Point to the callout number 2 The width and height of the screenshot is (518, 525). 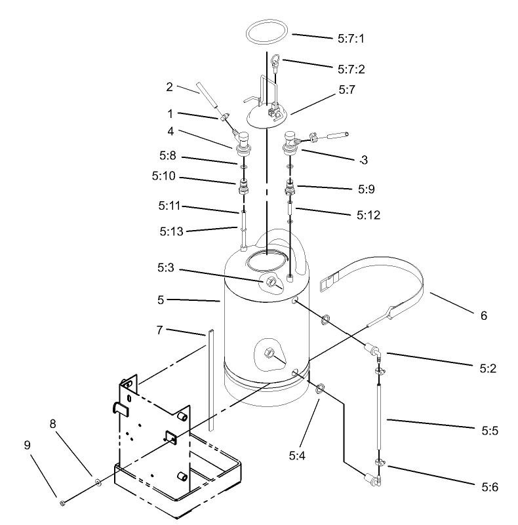[x=169, y=86]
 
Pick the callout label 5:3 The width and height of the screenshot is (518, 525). [x=165, y=268]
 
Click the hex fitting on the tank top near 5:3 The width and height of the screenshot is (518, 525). [x=270, y=282]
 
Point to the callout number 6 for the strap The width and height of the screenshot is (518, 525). [x=484, y=316]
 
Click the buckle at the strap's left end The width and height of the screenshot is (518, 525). [x=325, y=284]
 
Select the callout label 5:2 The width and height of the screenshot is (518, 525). [x=483, y=368]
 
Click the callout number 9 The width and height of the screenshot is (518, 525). [x=27, y=445]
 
